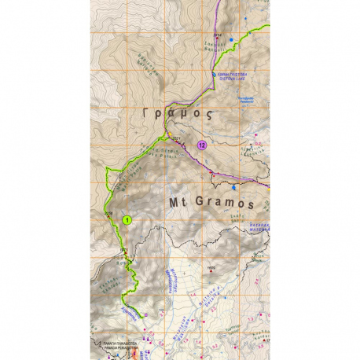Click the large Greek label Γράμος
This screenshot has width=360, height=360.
click(178, 114)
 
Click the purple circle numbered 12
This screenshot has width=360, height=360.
click(203, 145)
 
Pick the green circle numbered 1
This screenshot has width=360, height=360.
click(126, 221)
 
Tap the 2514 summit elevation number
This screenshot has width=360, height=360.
click(217, 35)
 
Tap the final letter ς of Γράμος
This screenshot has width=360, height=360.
click(209, 115)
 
